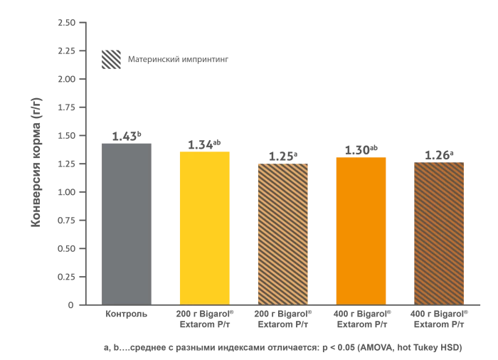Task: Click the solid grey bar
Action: [125, 223]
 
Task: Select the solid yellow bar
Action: [205, 227]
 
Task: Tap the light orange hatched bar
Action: [284, 233]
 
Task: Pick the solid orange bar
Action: [361, 230]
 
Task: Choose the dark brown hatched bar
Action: [438, 233]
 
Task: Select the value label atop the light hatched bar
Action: [284, 154]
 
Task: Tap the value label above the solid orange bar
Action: [361, 148]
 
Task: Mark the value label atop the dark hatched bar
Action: [438, 153]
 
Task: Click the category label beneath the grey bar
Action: [125, 312]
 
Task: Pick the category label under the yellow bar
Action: [204, 318]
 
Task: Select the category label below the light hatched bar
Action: [284, 318]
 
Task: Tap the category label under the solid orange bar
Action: [361, 318]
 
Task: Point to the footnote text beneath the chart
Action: [285, 347]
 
